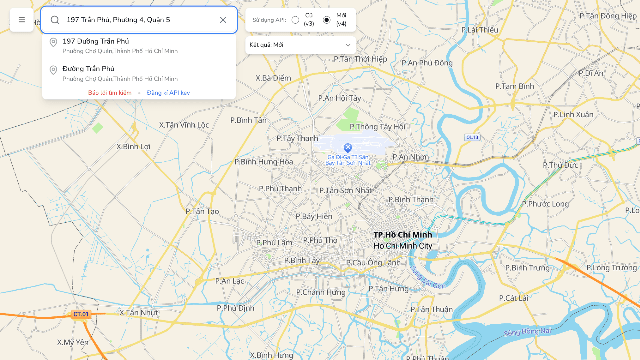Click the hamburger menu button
point(22,20)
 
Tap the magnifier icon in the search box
point(55,20)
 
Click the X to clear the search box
point(223,20)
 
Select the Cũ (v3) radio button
point(295,20)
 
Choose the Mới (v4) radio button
point(327,20)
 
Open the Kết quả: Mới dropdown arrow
point(348,45)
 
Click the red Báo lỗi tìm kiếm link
point(110,93)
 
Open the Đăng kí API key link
point(168,93)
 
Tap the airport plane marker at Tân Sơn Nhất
point(348,147)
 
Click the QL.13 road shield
point(472,137)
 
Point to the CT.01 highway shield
point(81,314)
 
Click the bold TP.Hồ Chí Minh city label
point(403,235)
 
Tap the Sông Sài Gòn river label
point(428,277)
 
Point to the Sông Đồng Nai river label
point(527,332)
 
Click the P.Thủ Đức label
point(560,165)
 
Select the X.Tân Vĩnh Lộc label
point(184,125)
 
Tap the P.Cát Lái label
point(514,298)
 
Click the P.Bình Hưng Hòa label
point(264,162)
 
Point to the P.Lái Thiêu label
point(480,30)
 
